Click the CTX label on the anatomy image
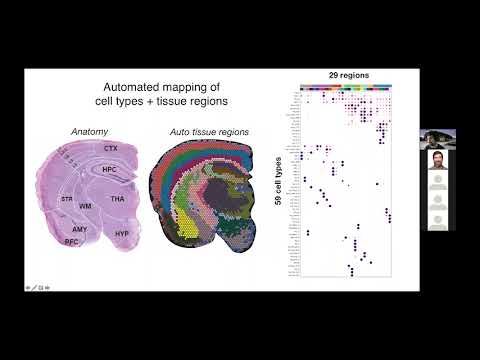coord(111,148)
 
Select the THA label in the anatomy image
coord(118,199)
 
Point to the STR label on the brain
coord(66,199)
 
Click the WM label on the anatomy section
coord(86,206)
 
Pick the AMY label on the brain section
coord(80,229)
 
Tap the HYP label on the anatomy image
coord(122,233)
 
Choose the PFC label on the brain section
coord(72,242)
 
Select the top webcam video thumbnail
coord(436,137)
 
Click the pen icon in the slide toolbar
coord(36,288)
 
